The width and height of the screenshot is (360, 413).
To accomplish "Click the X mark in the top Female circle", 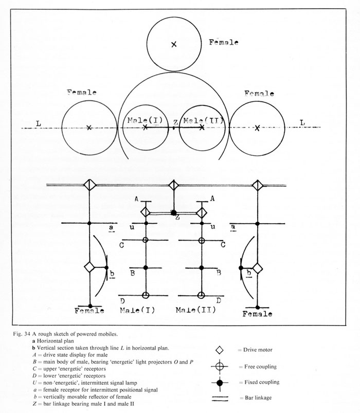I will click(x=174, y=45).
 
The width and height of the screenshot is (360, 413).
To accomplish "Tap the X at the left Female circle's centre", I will click(x=89, y=127).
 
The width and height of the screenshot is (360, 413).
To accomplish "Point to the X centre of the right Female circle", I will click(x=256, y=127).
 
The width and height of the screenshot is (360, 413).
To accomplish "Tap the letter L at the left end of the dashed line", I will click(x=39, y=123).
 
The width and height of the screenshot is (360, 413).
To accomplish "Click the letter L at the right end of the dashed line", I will click(x=302, y=123).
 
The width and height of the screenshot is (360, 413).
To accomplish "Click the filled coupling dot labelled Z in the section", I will click(x=174, y=212).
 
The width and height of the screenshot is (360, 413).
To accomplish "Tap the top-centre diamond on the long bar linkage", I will click(x=174, y=185).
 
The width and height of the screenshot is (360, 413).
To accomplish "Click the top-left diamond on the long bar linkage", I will click(x=90, y=185).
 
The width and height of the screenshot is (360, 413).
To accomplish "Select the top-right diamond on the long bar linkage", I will click(x=257, y=185).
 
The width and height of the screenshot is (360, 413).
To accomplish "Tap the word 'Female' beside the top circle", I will click(x=224, y=42).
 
